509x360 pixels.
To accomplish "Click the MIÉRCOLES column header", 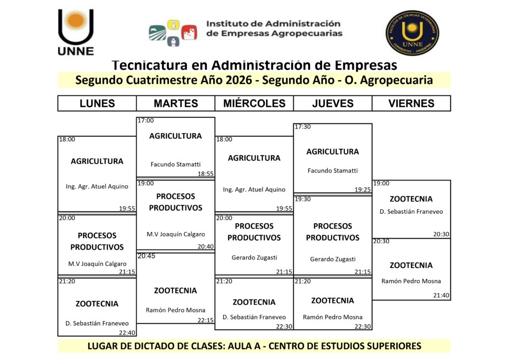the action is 254,103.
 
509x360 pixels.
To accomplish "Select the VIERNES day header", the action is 411,103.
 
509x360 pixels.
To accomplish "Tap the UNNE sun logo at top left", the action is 76,32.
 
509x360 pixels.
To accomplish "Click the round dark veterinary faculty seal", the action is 412,33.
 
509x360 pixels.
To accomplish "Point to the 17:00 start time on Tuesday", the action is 146,120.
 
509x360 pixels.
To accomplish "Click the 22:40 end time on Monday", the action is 127,333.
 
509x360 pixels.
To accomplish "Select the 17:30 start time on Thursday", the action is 303,127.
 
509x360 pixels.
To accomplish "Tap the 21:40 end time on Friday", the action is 441,295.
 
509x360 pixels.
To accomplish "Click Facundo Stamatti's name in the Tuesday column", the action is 175,164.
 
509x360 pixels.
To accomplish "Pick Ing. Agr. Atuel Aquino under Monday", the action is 97,186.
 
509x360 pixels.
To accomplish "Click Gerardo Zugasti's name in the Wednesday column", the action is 254,258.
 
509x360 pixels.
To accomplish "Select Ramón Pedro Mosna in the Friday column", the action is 411,281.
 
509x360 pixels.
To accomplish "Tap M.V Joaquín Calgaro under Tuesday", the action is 175,234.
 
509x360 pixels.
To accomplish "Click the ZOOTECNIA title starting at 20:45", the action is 175,290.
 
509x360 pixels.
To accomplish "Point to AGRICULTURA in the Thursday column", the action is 333,152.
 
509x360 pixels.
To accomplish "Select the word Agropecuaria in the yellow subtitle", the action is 396,81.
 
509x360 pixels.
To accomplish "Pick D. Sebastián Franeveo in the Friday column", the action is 411,212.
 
